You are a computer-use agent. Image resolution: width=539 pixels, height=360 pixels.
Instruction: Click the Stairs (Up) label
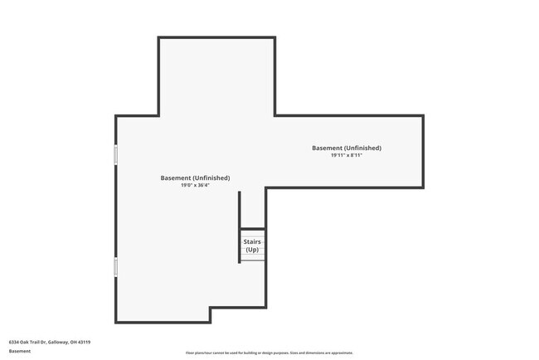(252, 246)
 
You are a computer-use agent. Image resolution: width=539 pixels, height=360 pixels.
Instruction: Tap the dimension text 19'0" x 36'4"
(195, 186)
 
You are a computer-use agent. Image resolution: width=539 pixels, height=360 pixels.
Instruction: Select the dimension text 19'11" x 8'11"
(347, 155)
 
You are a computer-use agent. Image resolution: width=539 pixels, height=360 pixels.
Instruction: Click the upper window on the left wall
(116, 154)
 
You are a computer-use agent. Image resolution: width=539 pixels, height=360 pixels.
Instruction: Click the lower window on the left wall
(116, 266)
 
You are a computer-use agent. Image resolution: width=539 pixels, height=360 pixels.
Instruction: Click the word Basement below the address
(20, 352)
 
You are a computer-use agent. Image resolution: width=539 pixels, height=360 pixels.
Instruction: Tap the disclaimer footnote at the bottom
(269, 353)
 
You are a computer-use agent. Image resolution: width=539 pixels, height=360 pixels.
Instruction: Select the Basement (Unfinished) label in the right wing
(347, 148)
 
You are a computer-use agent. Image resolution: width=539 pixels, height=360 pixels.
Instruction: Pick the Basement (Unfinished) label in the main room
(195, 178)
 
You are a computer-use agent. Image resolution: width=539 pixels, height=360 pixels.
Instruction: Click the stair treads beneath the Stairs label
(253, 257)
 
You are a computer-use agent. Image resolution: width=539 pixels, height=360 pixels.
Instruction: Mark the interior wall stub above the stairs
(240, 209)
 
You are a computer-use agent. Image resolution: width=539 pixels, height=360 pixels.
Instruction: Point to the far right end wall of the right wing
(423, 151)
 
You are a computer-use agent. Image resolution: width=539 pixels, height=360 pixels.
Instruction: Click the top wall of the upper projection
(216, 37)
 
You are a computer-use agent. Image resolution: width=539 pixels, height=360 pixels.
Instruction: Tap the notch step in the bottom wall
(210, 315)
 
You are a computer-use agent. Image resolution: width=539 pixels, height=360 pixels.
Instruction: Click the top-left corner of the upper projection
(159, 37)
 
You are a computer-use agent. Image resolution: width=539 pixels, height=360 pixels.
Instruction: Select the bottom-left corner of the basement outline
(116, 323)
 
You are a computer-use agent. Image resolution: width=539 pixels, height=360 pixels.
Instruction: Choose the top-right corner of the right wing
(423, 116)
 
